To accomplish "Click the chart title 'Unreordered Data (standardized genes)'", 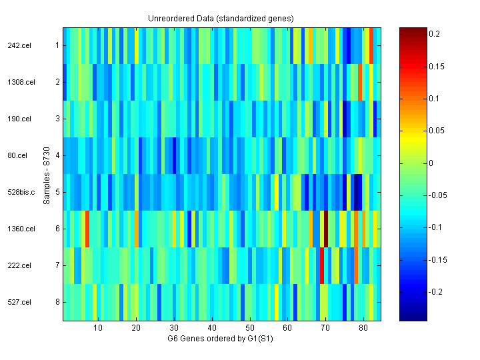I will (x=221, y=18).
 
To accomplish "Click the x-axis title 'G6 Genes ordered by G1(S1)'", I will (x=221, y=339).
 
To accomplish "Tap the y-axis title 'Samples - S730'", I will (x=47, y=174).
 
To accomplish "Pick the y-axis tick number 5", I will (x=57, y=192).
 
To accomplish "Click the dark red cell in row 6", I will (x=326, y=229).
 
